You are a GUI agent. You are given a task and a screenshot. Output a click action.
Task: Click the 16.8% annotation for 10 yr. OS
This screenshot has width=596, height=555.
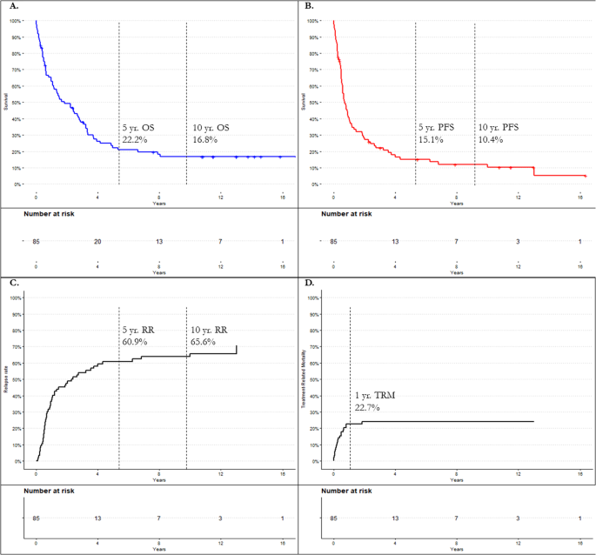click(205, 139)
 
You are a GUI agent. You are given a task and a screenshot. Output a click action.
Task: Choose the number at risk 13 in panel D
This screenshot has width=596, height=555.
click(396, 518)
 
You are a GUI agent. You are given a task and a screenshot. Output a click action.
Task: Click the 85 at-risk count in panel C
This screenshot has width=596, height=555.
click(36, 518)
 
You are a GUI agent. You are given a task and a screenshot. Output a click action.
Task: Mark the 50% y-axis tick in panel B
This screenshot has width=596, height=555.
click(314, 102)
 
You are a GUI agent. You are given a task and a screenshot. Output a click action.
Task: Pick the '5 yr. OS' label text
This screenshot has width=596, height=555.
click(138, 127)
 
